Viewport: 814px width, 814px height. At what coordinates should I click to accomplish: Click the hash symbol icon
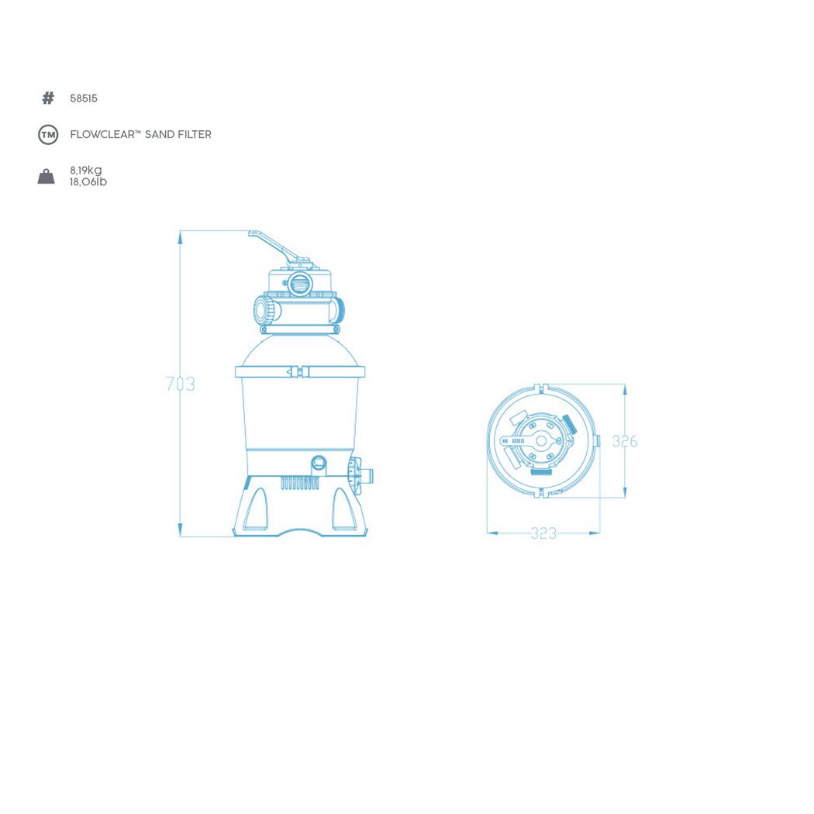point(48,98)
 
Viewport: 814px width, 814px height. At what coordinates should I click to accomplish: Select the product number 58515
point(84,98)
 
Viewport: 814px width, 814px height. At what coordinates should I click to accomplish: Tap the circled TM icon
point(48,135)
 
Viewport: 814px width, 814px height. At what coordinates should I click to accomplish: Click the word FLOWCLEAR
point(102,134)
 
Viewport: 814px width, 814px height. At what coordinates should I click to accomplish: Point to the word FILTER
point(194,134)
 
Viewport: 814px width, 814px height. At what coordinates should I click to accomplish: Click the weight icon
point(47,177)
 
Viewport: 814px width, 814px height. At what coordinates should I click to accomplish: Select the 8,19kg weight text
point(86,171)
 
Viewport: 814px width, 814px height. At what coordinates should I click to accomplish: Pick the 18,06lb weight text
point(88,181)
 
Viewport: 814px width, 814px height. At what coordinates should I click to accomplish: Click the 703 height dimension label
point(181,385)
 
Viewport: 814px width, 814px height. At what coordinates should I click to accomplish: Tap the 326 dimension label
point(625,441)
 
